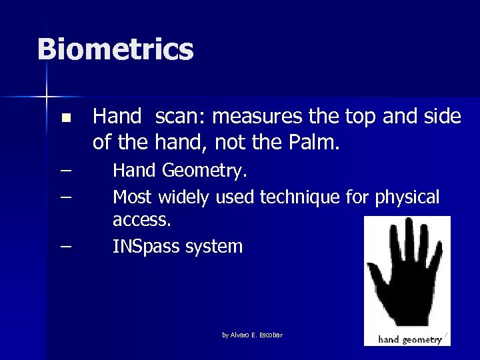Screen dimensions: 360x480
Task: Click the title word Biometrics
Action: click(x=115, y=50)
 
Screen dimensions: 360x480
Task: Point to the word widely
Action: click(x=185, y=197)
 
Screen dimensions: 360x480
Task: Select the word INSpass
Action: click(x=145, y=247)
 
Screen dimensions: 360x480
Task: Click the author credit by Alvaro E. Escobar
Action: click(x=252, y=335)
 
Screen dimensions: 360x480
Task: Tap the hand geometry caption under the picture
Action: click(x=410, y=339)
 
